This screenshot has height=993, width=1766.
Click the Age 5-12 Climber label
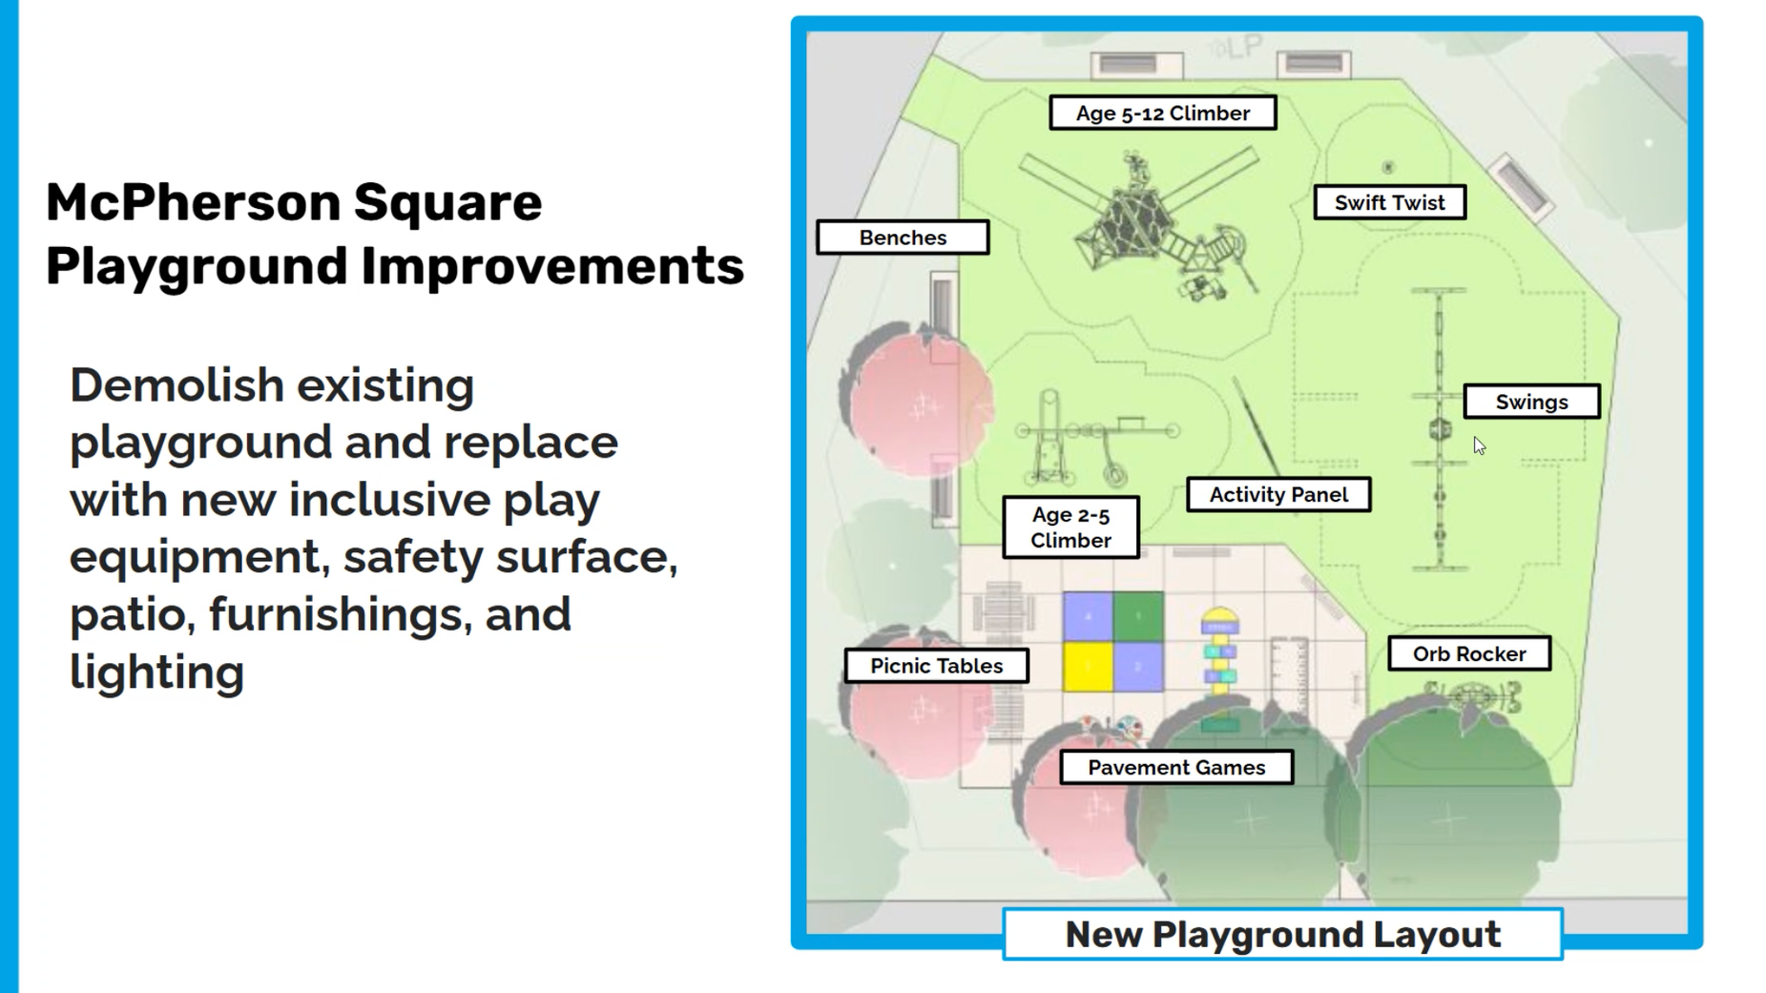pyautogui.click(x=1162, y=113)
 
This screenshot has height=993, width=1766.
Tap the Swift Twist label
pyautogui.click(x=1389, y=202)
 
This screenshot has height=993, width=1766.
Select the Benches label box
pyautogui.click(x=903, y=238)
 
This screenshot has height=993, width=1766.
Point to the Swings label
pyautogui.click(x=1531, y=402)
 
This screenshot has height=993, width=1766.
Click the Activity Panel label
pyautogui.click(x=1278, y=494)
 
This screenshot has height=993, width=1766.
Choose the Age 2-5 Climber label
pyautogui.click(x=1070, y=528)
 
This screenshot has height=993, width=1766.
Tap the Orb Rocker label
pyautogui.click(x=1469, y=653)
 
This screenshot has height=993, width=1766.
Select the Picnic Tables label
pyautogui.click(x=936, y=666)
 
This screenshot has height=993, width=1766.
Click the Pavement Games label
pyautogui.click(x=1176, y=767)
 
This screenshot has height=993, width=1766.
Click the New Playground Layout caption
pyautogui.click(x=1282, y=934)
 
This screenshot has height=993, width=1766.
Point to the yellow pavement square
pyautogui.click(x=1088, y=666)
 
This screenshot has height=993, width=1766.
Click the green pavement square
pyautogui.click(x=1138, y=616)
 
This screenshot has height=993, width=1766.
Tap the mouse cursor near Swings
pyautogui.click(x=1479, y=445)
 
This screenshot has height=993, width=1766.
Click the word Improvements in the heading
pyautogui.click(x=552, y=266)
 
